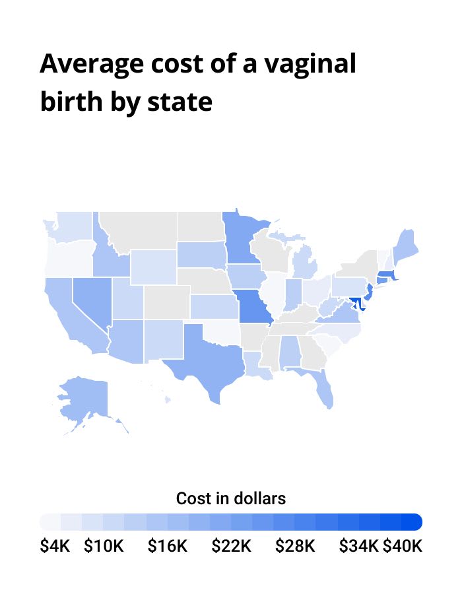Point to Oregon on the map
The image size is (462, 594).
(x=66, y=261)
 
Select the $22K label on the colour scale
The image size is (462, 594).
(x=231, y=546)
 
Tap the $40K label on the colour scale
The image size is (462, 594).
(x=402, y=546)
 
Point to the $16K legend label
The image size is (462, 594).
(x=168, y=546)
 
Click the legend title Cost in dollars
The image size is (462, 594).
(x=231, y=498)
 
